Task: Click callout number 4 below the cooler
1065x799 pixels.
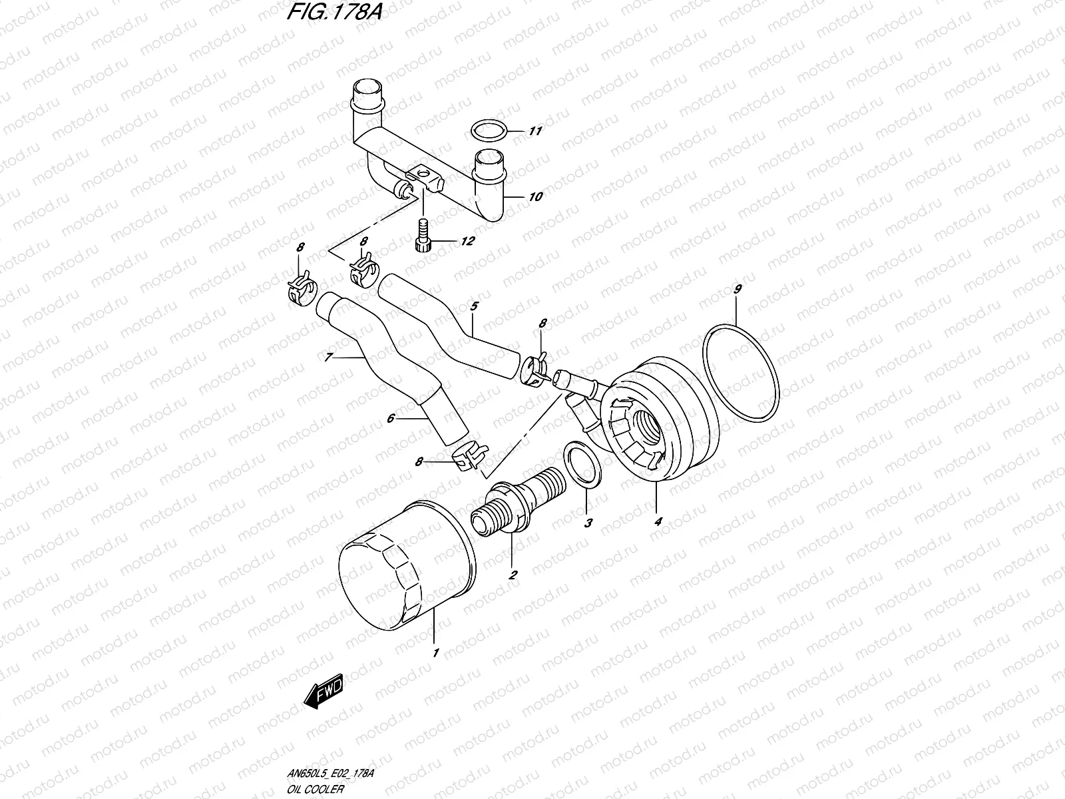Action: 658,523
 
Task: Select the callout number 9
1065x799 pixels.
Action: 737,290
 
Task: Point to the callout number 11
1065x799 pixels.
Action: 535,131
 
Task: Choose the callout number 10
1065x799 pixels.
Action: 536,196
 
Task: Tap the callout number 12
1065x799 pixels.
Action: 467,241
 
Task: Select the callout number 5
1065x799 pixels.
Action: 474,306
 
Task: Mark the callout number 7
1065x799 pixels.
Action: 328,358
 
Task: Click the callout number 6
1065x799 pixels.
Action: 391,418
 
